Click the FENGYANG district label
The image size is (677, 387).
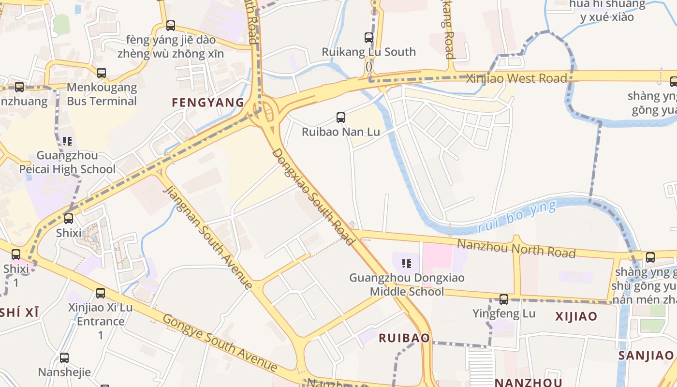coord(208,102)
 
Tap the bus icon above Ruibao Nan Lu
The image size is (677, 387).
coord(340,117)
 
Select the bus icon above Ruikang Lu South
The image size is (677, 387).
coord(368,37)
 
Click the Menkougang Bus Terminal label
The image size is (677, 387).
coord(102,94)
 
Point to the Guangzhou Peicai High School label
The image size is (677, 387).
coord(67,163)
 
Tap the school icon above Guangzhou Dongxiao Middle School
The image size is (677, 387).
coord(407,264)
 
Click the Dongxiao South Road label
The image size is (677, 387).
coord(313,196)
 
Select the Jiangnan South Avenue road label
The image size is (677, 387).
coord(208,238)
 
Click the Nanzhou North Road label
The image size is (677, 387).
coord(516,248)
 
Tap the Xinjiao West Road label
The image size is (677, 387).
coord(516,78)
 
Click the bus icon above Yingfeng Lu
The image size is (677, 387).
coord(504,299)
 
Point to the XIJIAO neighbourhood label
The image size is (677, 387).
coord(576,316)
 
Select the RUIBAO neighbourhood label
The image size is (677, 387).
coord(404,338)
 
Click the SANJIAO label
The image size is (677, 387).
coord(646,356)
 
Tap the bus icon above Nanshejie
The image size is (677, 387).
coord(64,358)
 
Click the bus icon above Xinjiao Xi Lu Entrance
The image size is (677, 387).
coord(100,293)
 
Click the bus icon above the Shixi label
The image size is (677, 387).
coord(69,219)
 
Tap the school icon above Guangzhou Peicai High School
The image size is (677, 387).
coord(67,141)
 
